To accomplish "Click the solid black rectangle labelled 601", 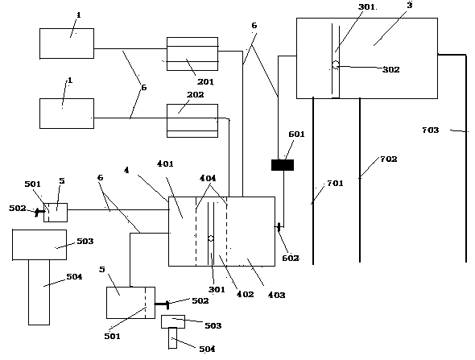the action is click(283, 165).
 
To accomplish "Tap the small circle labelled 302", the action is click(336, 64).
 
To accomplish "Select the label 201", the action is click(205, 81).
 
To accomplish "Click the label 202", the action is click(195, 94).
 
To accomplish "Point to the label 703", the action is click(431, 130).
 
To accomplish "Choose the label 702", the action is click(388, 159).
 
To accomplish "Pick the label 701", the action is click(335, 184).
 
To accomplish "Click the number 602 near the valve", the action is click(291, 258).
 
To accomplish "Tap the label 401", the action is click(165, 163).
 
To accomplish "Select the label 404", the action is click(208, 178).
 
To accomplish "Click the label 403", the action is click(276, 295).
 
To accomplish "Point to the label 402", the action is click(245, 294).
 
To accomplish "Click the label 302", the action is click(391, 70).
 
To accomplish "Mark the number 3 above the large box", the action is click(410, 5).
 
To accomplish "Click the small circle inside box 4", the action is click(211, 238).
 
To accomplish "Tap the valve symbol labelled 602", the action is click(279, 226).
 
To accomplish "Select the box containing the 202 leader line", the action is click(192, 121).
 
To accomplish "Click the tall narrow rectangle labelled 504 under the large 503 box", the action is click(39, 292).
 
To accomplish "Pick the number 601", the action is click(296, 134).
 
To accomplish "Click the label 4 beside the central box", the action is click(126, 170).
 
